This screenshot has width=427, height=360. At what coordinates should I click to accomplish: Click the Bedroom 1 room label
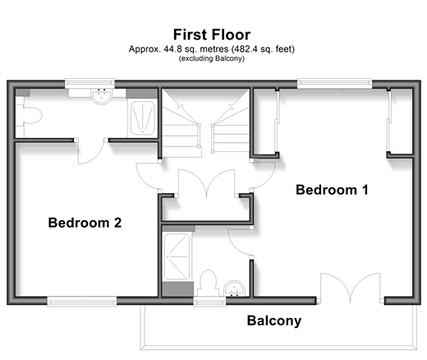click(332, 190)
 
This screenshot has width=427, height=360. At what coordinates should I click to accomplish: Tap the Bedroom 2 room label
click(85, 223)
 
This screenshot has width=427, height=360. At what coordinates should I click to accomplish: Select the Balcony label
click(274, 321)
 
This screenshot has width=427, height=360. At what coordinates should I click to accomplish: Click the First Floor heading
click(212, 35)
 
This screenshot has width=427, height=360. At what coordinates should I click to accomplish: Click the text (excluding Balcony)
click(212, 58)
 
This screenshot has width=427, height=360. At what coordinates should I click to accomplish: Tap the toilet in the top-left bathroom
click(30, 116)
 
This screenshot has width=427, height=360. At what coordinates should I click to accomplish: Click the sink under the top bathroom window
click(101, 96)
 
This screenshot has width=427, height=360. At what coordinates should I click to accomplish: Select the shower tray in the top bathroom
click(143, 118)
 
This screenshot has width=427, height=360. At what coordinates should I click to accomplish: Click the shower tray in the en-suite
click(177, 256)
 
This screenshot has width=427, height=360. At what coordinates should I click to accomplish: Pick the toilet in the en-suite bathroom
click(209, 283)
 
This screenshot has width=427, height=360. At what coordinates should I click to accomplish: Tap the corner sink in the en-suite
click(235, 288)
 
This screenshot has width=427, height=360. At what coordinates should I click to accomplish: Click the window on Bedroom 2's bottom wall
click(82, 301)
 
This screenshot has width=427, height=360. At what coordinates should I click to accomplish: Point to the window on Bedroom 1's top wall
click(334, 83)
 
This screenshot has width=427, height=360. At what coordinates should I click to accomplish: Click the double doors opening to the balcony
click(351, 288)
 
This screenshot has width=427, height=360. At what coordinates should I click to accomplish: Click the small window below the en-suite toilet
click(209, 301)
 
